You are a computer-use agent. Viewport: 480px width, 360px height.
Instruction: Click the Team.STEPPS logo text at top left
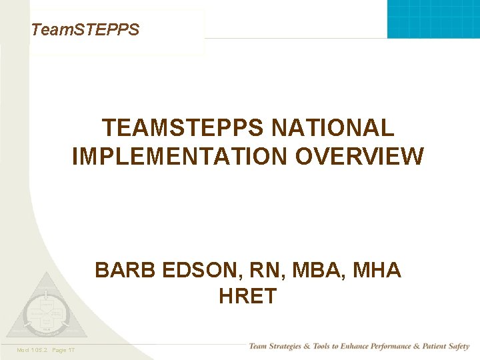coord(85,29)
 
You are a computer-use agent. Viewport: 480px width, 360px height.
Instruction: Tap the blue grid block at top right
coord(433,19)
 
